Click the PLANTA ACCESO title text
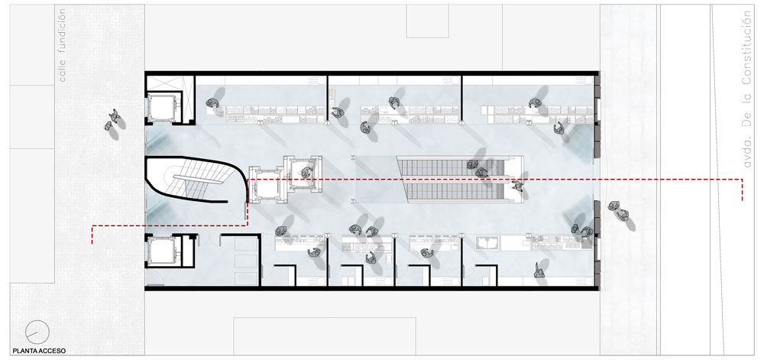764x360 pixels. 39,351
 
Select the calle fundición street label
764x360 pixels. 61,46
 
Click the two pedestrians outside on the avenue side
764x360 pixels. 618,210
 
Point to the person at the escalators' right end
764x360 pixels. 517,186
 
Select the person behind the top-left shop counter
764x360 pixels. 212,102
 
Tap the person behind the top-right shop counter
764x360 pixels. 534,102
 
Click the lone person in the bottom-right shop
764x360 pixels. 539,271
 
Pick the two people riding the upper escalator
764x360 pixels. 477,169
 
